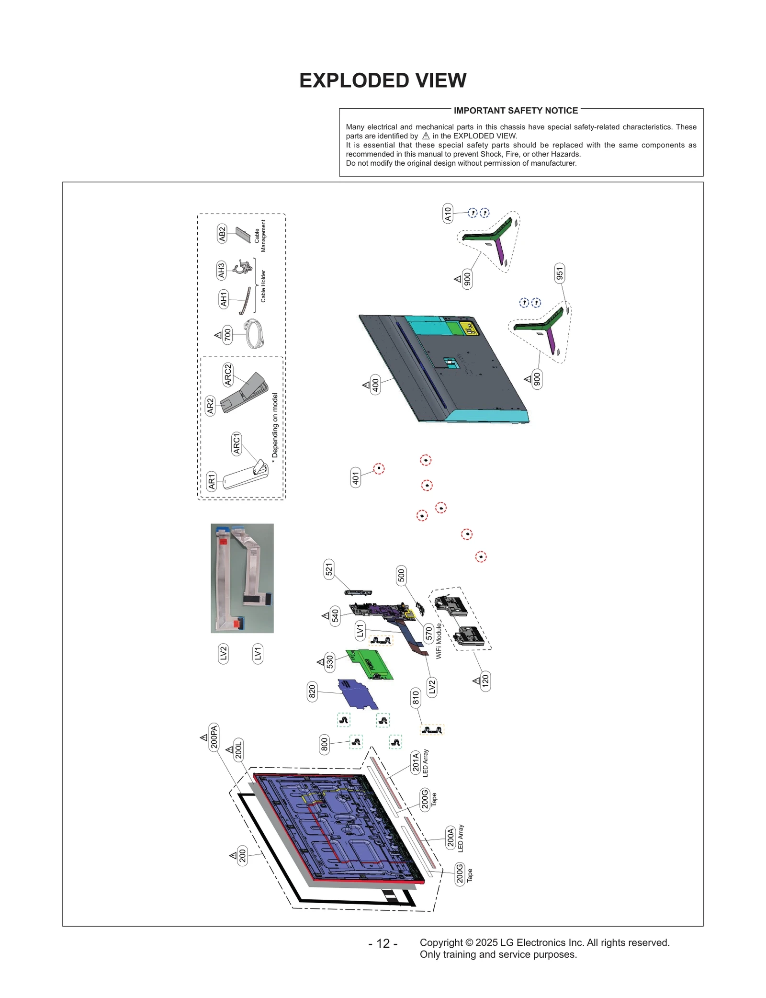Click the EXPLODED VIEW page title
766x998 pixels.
pos(383,80)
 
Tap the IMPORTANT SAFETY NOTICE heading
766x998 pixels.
pos(515,111)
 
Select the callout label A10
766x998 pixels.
pos(447,213)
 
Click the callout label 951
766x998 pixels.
pos(559,273)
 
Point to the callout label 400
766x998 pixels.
pos(376,384)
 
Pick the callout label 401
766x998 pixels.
pos(355,477)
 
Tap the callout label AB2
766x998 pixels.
pos(222,233)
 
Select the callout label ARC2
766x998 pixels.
pos(228,374)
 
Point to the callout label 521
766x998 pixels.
pos(329,569)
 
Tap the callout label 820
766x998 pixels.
pos(312,692)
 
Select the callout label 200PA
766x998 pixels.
pos(214,737)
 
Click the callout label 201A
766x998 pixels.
pos(416,761)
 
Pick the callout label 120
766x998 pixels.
pos(485,680)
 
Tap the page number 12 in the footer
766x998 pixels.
pos(383,943)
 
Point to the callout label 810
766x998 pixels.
pos(416,698)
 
